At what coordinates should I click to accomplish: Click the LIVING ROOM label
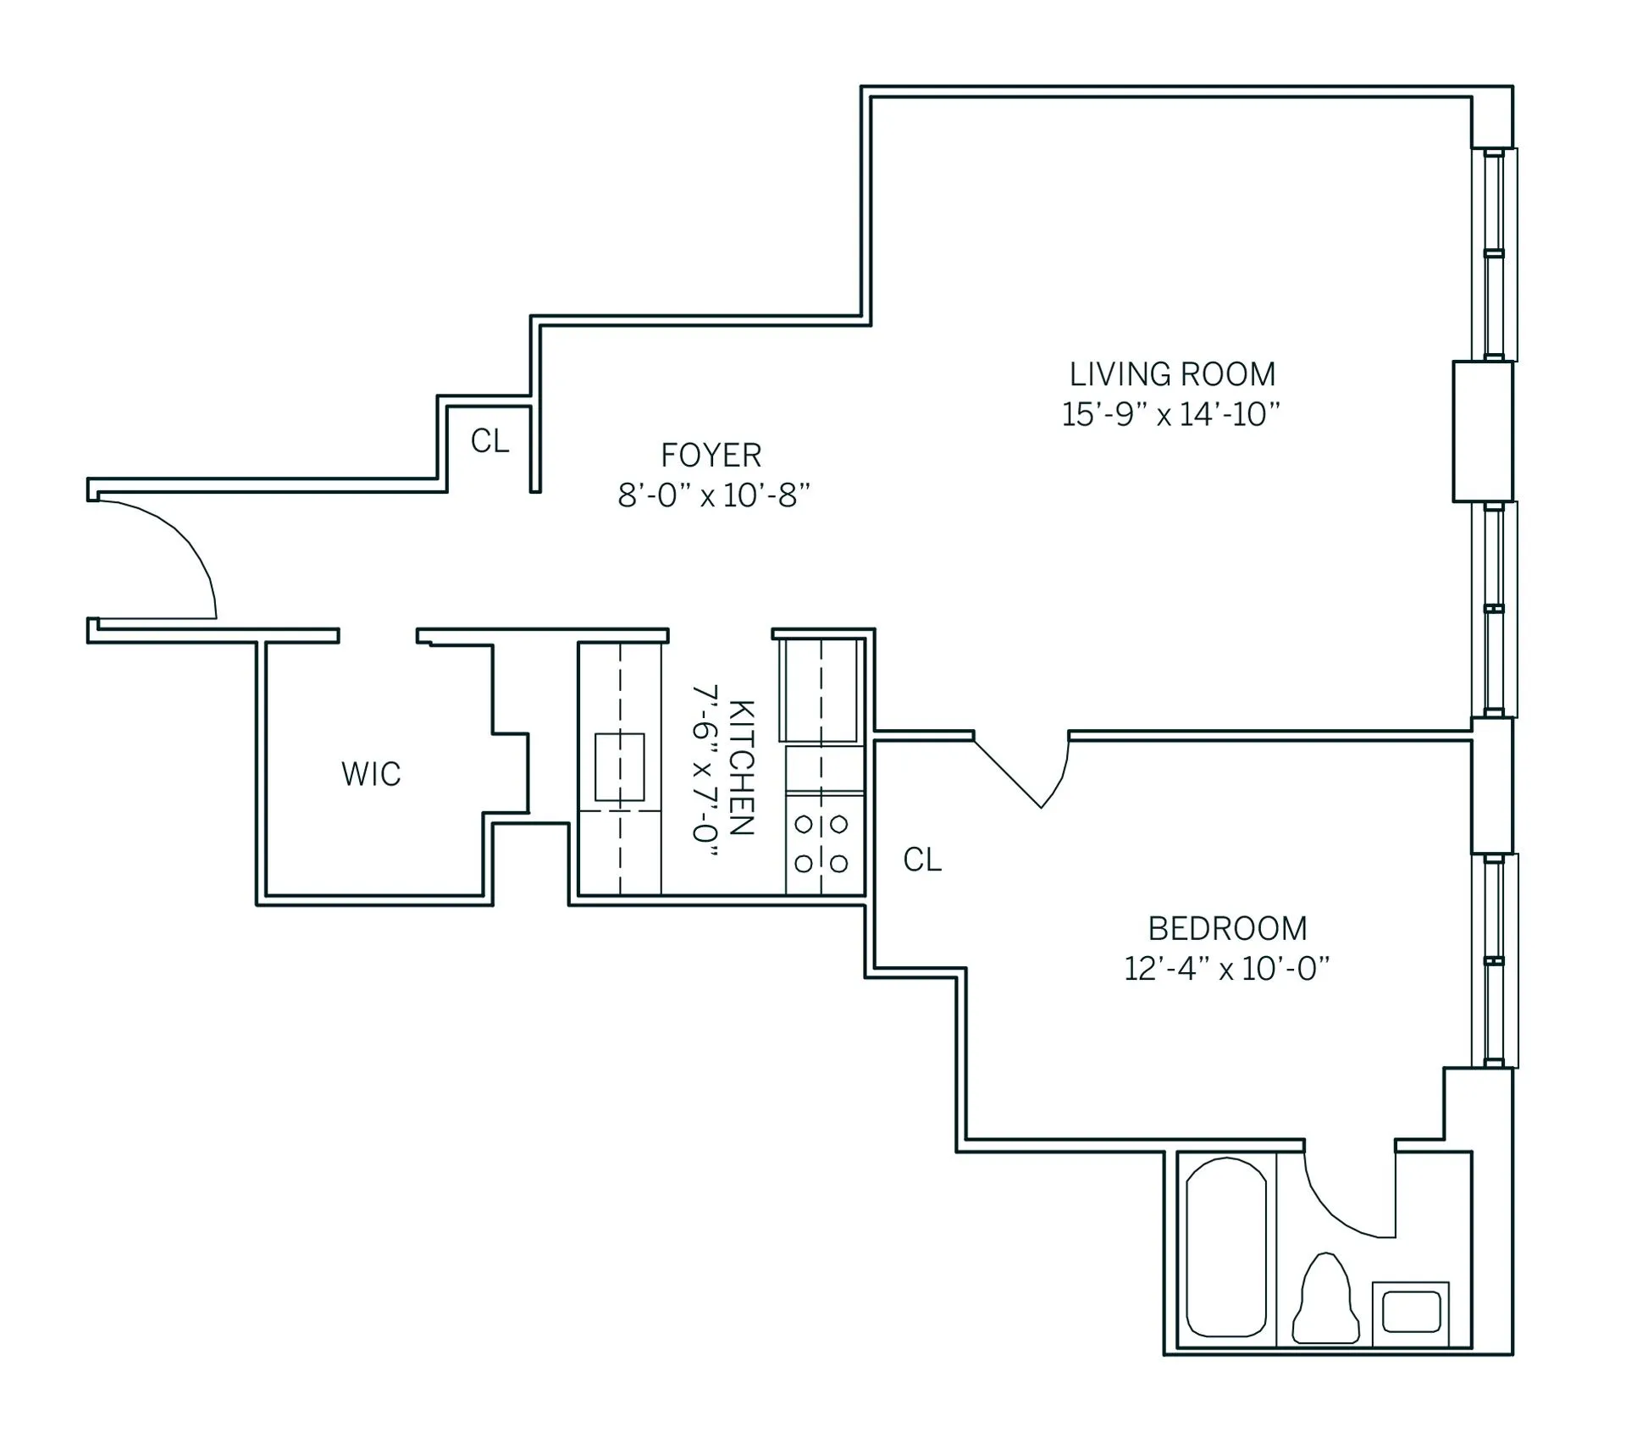coord(1172,374)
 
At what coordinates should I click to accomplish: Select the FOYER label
coord(711,456)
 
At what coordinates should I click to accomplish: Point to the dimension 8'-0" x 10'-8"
coord(714,495)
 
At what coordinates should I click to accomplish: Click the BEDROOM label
coord(1227,929)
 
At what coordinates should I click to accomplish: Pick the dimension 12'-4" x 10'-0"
coord(1226,969)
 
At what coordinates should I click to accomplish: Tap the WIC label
coord(371,774)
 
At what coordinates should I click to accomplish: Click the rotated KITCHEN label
coord(741,767)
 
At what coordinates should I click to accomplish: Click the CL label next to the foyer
coord(489,441)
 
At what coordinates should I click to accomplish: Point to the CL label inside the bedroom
coord(922,860)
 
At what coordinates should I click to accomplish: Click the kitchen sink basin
coord(620,767)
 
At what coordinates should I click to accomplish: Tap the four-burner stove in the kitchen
coord(821,843)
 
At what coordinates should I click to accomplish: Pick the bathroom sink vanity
coord(1411,1312)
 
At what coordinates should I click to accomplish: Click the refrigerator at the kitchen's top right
coord(820,690)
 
